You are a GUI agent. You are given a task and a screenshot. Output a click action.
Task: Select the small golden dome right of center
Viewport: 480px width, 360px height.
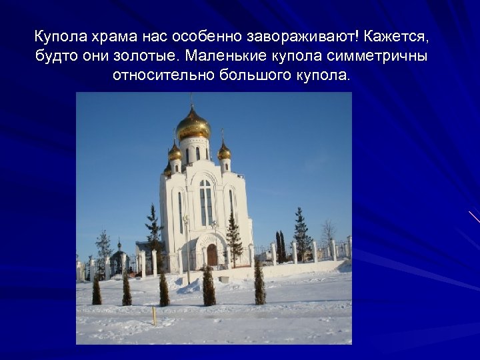[x=224, y=151]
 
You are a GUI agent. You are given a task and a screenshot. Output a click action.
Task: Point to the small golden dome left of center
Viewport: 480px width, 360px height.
[x=175, y=152]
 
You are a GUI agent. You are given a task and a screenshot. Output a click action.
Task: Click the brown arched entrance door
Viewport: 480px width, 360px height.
[x=212, y=255]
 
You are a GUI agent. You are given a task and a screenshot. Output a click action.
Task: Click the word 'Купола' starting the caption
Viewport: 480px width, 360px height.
[x=57, y=35]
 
